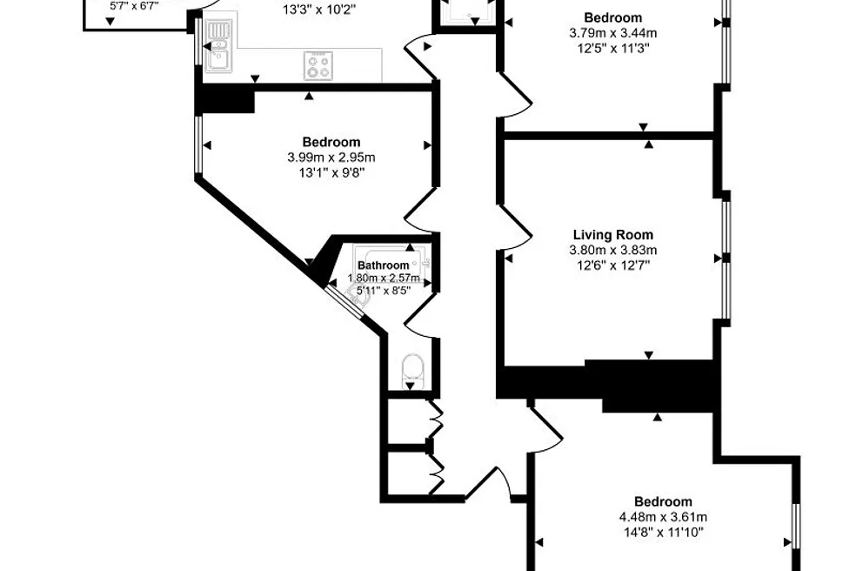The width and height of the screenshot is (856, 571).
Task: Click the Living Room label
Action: click(613, 235)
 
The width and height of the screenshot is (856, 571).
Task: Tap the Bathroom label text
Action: click(384, 265)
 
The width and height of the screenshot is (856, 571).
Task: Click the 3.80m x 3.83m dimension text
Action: click(613, 251)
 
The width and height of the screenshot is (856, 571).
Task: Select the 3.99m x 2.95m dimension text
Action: click(331, 158)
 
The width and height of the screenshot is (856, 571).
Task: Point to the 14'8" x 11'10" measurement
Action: click(663, 532)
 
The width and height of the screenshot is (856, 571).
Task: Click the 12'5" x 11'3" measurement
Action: click(613, 48)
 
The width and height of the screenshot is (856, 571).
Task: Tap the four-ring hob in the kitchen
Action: click(318, 66)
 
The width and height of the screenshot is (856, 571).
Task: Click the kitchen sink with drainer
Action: click(218, 46)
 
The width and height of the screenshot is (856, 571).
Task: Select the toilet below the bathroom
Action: click(411, 371)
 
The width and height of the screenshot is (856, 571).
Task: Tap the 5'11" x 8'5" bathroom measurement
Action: click(384, 291)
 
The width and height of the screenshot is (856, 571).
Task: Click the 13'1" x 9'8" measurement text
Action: click(331, 173)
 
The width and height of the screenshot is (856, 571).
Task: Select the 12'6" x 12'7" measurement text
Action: click(613, 265)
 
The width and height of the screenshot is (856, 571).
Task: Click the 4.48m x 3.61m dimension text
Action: click(663, 517)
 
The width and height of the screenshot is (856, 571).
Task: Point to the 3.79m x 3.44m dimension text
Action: click(613, 33)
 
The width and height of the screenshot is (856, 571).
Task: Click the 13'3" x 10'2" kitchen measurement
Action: click(319, 9)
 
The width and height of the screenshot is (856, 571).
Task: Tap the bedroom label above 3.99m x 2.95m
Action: click(331, 142)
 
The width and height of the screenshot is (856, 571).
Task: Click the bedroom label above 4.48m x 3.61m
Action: click(663, 501)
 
